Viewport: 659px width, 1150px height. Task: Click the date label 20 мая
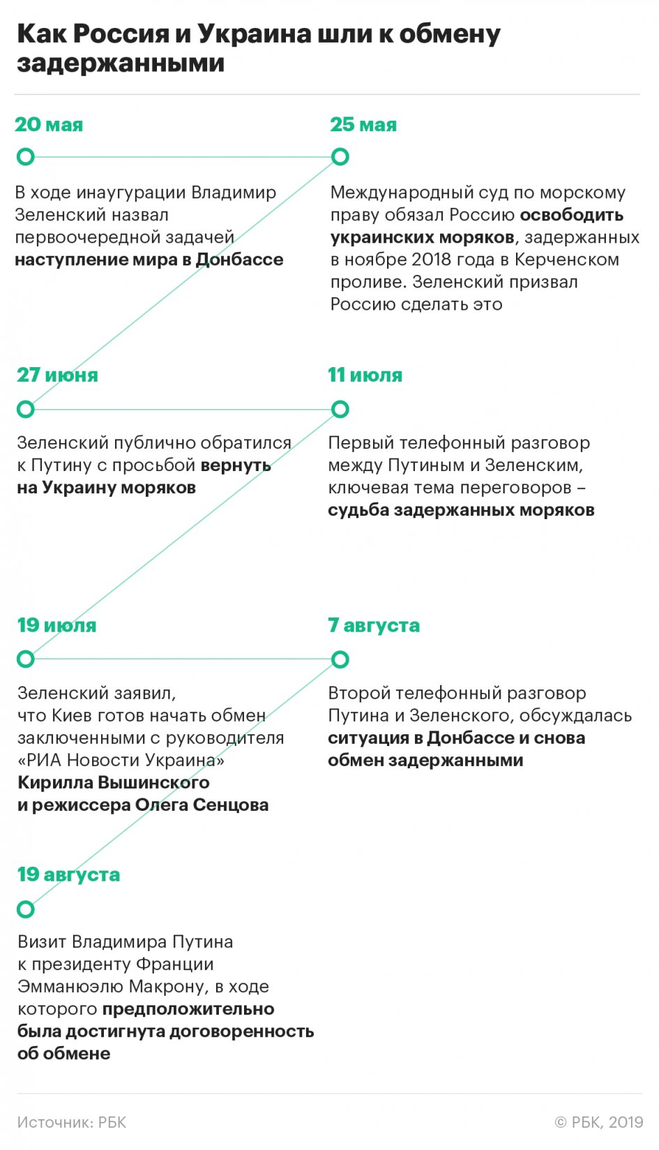pyautogui.click(x=49, y=125)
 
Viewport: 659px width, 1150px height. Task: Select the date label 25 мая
pyautogui.click(x=363, y=125)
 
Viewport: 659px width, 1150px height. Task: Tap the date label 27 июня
pyautogui.click(x=57, y=375)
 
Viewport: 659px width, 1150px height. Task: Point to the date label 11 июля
pyautogui.click(x=365, y=375)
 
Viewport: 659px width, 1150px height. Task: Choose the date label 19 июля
pyautogui.click(x=56, y=625)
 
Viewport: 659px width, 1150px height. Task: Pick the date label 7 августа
pyautogui.click(x=374, y=625)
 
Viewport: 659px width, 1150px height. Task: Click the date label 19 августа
pyautogui.click(x=68, y=874)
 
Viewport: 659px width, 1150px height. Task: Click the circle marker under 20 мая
pyautogui.click(x=26, y=157)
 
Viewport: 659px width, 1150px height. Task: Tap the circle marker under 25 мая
pyautogui.click(x=340, y=157)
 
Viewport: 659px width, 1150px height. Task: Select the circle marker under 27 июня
pyautogui.click(x=26, y=409)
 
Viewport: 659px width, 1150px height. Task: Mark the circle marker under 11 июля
pyautogui.click(x=340, y=409)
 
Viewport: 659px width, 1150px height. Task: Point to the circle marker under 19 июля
pyautogui.click(x=26, y=659)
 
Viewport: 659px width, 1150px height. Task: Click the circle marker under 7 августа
pyautogui.click(x=340, y=659)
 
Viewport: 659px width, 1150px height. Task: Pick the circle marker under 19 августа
pyautogui.click(x=26, y=909)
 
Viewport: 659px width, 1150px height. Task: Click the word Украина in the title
pyautogui.click(x=253, y=33)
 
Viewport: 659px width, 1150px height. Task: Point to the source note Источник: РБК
pyautogui.click(x=72, y=1122)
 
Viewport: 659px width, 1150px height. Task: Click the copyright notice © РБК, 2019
pyautogui.click(x=598, y=1122)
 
